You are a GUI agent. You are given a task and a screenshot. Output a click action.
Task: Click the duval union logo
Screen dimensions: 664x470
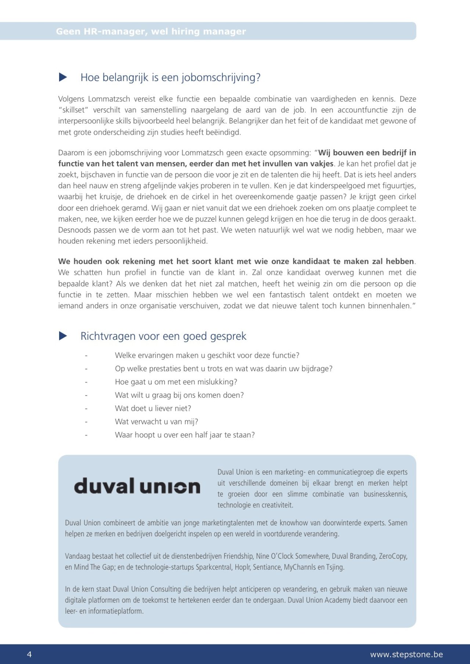tap(137, 486)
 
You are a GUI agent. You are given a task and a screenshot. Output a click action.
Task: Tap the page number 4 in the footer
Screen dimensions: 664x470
tap(29, 654)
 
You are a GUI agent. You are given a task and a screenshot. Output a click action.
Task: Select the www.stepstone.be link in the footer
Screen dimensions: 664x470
tap(406, 654)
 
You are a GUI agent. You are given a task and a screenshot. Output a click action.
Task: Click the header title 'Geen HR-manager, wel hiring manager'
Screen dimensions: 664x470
tap(151, 32)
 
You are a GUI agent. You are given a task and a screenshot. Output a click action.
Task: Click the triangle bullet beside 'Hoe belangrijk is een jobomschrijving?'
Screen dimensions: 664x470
tap(63, 77)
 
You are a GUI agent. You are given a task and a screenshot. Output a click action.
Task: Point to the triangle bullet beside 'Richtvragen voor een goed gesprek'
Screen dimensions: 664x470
tap(63, 336)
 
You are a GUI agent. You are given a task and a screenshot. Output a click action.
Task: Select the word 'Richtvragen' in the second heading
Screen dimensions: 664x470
tap(104, 336)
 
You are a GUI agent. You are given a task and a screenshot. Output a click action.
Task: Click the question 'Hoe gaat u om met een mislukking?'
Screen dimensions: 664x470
tap(176, 382)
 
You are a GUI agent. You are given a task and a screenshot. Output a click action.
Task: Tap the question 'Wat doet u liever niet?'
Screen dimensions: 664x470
tap(153, 408)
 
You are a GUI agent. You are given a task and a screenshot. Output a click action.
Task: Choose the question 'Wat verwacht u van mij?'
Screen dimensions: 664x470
tap(156, 422)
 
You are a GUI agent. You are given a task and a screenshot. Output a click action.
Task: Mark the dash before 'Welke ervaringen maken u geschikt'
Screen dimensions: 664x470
tap(86, 355)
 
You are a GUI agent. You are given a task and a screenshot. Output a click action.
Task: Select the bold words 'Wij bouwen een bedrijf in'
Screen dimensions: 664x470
tap(367, 153)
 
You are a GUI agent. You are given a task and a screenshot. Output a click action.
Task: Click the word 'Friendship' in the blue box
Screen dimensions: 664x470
tap(238, 556)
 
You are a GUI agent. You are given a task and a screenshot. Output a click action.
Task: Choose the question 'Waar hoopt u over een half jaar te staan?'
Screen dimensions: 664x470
tap(185, 435)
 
